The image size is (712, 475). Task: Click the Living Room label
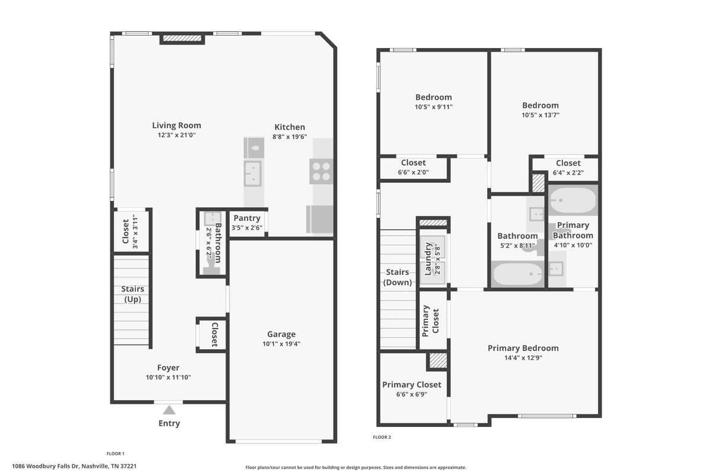coord(176,125)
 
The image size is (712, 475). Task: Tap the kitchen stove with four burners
coord(321,172)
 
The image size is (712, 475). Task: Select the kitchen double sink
coord(253,174)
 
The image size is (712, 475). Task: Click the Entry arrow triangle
coord(169,410)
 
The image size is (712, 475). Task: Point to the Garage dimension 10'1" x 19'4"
coord(281,344)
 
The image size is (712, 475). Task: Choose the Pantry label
coord(247,218)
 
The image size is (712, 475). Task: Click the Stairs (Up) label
coord(132,294)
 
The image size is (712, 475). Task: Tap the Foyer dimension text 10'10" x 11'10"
coord(168,377)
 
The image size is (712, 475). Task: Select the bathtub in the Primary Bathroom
coord(573,200)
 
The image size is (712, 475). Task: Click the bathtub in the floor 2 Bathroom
coord(517,274)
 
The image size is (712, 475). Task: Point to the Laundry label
coord(428,259)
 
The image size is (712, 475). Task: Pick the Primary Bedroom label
coord(523,348)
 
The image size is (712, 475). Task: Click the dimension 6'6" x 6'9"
coord(412,394)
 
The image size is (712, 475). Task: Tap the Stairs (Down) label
coord(398,277)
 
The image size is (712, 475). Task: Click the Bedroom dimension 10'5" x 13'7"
coord(541,115)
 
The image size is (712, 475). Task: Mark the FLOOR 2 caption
coord(382,437)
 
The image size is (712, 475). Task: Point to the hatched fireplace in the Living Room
coord(182,39)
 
